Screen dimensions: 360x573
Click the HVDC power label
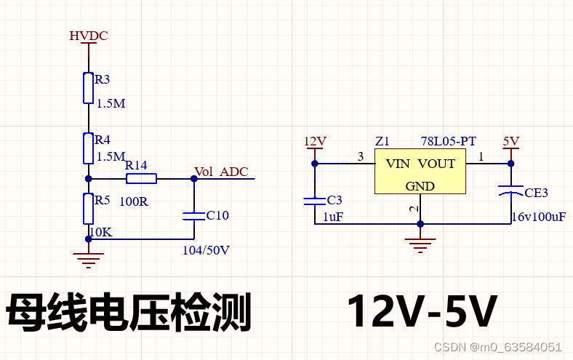point(88,36)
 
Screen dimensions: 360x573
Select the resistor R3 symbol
point(88,87)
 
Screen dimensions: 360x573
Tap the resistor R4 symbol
point(88,148)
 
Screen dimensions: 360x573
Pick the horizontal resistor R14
point(141,178)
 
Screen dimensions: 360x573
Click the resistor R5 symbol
point(88,209)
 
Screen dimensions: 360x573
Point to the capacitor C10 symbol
point(193,215)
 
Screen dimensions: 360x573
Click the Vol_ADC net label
point(221,172)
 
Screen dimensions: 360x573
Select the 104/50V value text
point(206,250)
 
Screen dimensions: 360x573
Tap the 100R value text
point(134,201)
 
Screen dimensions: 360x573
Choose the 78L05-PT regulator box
point(420,172)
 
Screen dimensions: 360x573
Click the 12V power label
point(315,141)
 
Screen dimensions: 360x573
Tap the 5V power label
point(511,141)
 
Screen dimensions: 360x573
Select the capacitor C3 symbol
point(315,199)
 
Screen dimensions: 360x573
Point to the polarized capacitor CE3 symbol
point(511,192)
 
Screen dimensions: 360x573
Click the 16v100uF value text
point(539,217)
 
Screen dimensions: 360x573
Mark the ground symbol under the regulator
point(420,242)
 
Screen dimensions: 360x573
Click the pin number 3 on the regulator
point(360,156)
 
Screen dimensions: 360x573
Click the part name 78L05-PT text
point(448,141)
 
